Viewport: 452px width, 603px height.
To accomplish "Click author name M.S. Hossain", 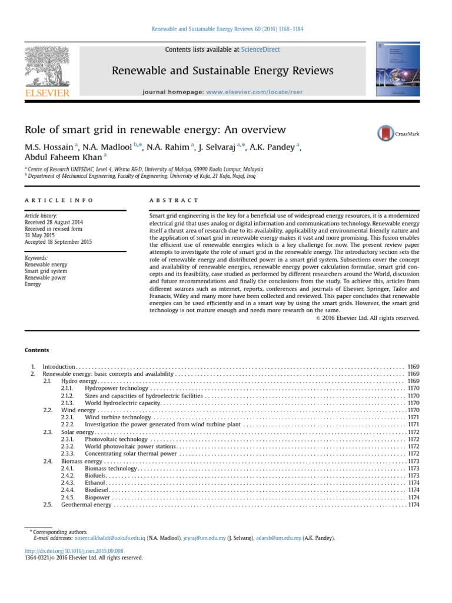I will [x=49, y=147].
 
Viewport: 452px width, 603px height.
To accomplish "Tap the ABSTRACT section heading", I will [x=174, y=201].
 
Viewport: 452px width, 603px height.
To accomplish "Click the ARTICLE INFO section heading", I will [x=59, y=201].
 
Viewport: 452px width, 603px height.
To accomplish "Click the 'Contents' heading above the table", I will [x=36, y=350].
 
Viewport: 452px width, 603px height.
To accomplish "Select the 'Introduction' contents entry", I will [x=59, y=366].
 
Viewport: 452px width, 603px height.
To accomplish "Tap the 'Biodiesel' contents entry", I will [x=97, y=489].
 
